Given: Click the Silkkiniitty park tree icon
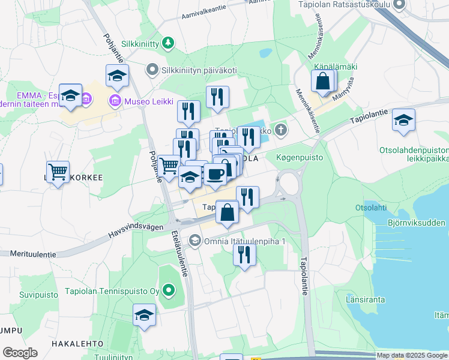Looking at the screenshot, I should pos(169,42).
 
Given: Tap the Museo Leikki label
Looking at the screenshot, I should pos(144,101).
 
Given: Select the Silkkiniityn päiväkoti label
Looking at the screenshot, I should pos(198,70).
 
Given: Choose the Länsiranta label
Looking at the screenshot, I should pos(364,298).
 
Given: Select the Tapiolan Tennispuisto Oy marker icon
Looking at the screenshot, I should pos(169,291).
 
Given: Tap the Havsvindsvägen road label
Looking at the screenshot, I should pos(134,226).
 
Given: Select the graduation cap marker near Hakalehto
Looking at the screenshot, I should pos(144,315).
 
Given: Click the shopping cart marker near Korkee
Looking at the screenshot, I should pos(58,172).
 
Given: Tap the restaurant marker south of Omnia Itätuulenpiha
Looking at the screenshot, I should pos(244,254).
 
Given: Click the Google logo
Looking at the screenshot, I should pos(20,353).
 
